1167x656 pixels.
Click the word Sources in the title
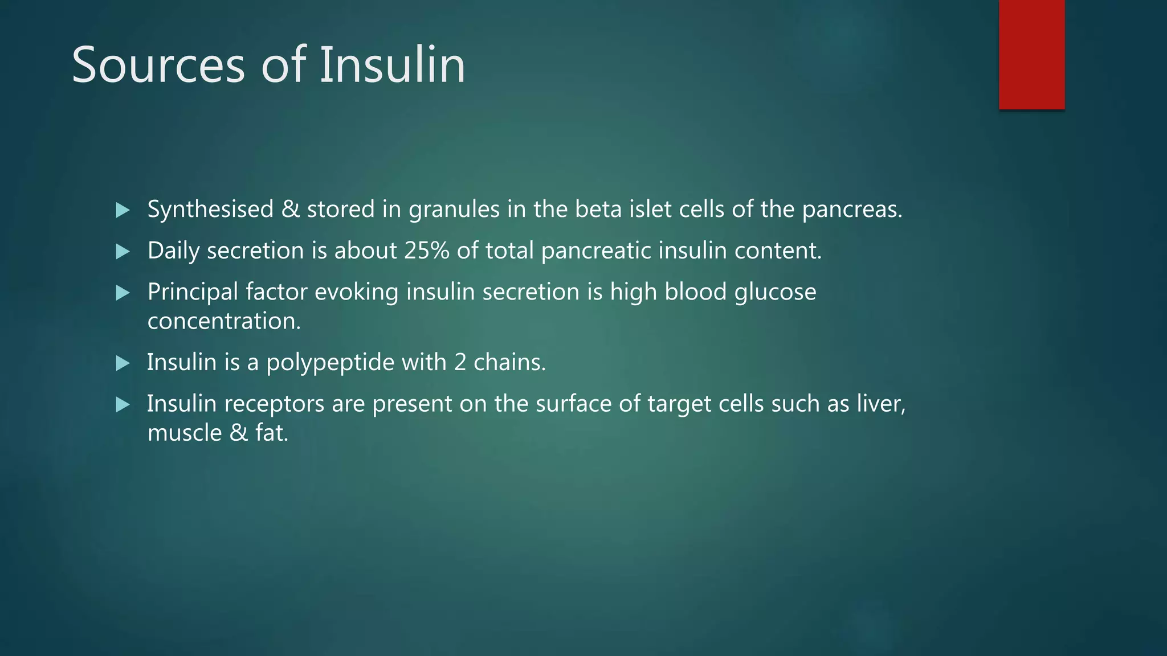click(158, 65)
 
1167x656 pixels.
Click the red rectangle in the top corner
click(1031, 54)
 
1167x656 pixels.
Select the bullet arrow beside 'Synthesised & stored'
click(123, 210)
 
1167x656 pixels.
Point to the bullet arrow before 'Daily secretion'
click(123, 252)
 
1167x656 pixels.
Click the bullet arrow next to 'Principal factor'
click(123, 293)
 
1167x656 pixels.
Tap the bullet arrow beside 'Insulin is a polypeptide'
click(123, 363)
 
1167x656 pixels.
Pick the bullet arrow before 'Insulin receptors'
click(123, 405)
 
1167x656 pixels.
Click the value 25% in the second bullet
click(427, 251)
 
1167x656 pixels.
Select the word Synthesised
click(210, 210)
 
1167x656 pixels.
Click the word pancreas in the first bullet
click(851, 210)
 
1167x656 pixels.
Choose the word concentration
click(223, 321)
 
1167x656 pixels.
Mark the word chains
click(509, 362)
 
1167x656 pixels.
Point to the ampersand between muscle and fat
click(239, 433)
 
